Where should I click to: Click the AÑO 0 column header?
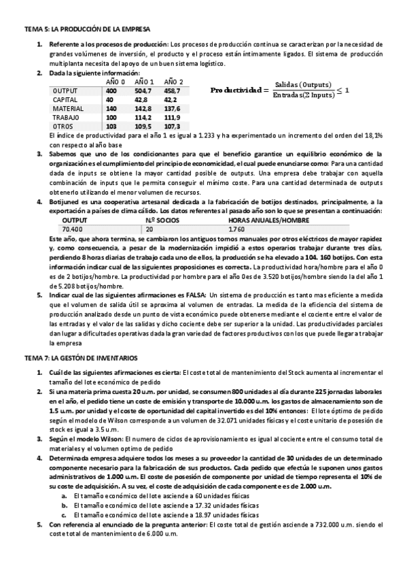(116, 82)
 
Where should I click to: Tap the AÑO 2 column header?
(173, 82)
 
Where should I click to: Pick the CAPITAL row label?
(65, 99)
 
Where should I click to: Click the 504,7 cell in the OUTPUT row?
(143, 90)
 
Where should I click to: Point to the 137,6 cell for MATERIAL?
(173, 108)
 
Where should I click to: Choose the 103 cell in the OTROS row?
(111, 126)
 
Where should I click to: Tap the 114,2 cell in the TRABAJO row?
(143, 117)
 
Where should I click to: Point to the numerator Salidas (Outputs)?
(305, 84)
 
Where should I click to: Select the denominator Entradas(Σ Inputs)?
(304, 95)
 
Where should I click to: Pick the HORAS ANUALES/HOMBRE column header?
(269, 220)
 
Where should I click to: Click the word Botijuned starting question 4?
(65, 202)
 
